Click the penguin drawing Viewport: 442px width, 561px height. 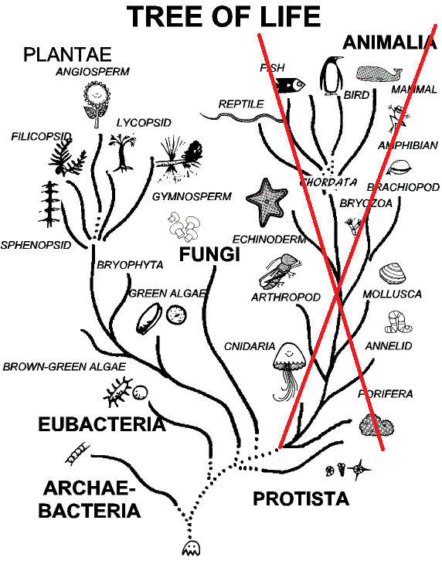pos(332,76)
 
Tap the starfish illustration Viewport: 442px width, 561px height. pos(267,202)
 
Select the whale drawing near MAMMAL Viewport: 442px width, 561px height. pos(379,73)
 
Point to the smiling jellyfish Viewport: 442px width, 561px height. pos(289,370)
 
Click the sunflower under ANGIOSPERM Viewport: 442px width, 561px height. pos(97,103)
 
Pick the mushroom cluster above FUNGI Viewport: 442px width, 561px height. pos(184,226)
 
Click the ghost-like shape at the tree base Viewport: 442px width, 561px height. pos(191,548)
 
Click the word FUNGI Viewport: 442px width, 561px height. pos(209,254)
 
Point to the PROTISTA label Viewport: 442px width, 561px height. pos(301,498)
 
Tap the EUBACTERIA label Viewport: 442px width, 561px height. pos(102,424)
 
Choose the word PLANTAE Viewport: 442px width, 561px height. pos(67,55)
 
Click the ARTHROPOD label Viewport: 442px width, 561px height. pos(286,297)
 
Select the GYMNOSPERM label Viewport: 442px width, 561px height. pos(192,196)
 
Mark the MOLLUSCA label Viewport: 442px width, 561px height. pos(393,294)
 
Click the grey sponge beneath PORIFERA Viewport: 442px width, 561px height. pos(376,425)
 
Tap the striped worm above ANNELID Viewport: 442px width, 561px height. pos(397,322)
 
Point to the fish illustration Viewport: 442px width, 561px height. pos(290,85)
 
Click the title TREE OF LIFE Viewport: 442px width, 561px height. pos(223,16)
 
